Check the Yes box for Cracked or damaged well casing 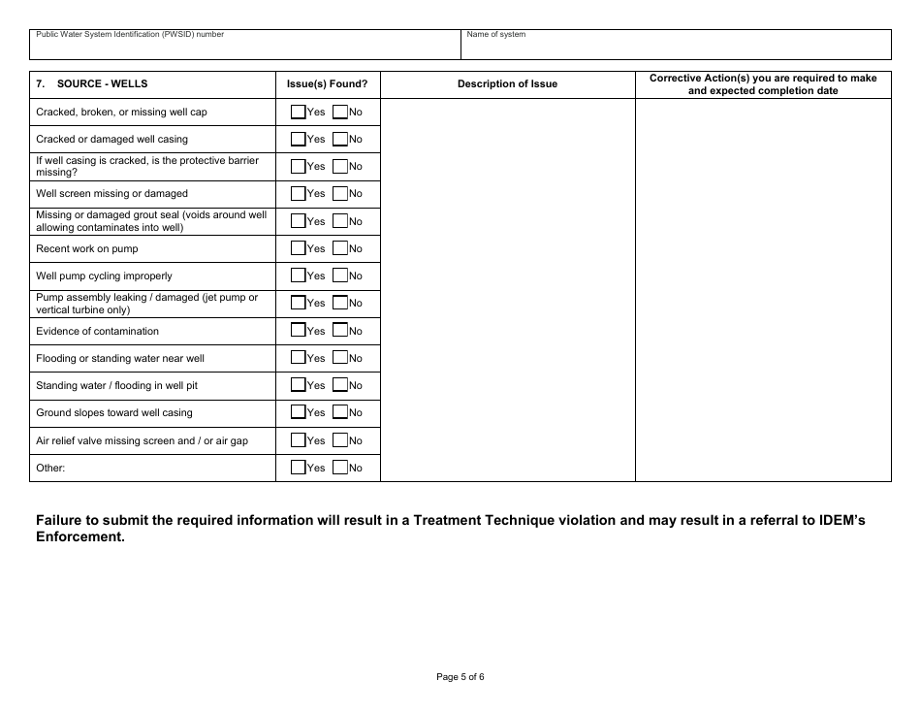pyautogui.click(x=299, y=139)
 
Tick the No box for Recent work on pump pyautogui.click(x=340, y=248)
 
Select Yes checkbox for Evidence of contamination pyautogui.click(x=299, y=330)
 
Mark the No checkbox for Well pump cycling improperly pyautogui.click(x=340, y=275)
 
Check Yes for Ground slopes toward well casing pyautogui.click(x=299, y=412)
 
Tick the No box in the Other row pyautogui.click(x=340, y=468)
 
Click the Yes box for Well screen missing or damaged pyautogui.click(x=299, y=193)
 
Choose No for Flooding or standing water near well pyautogui.click(x=340, y=358)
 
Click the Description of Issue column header pyautogui.click(x=507, y=84)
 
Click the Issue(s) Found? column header pyautogui.click(x=328, y=84)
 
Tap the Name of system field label pyautogui.click(x=496, y=35)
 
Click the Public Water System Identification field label pyautogui.click(x=130, y=35)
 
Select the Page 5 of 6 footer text pyautogui.click(x=460, y=677)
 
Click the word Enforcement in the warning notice pyautogui.click(x=79, y=538)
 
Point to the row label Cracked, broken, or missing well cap pyautogui.click(x=121, y=112)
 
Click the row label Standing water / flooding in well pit pyautogui.click(x=116, y=385)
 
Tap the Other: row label pyautogui.click(x=50, y=468)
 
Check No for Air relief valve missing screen pyautogui.click(x=340, y=440)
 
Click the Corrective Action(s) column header pyautogui.click(x=763, y=84)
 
